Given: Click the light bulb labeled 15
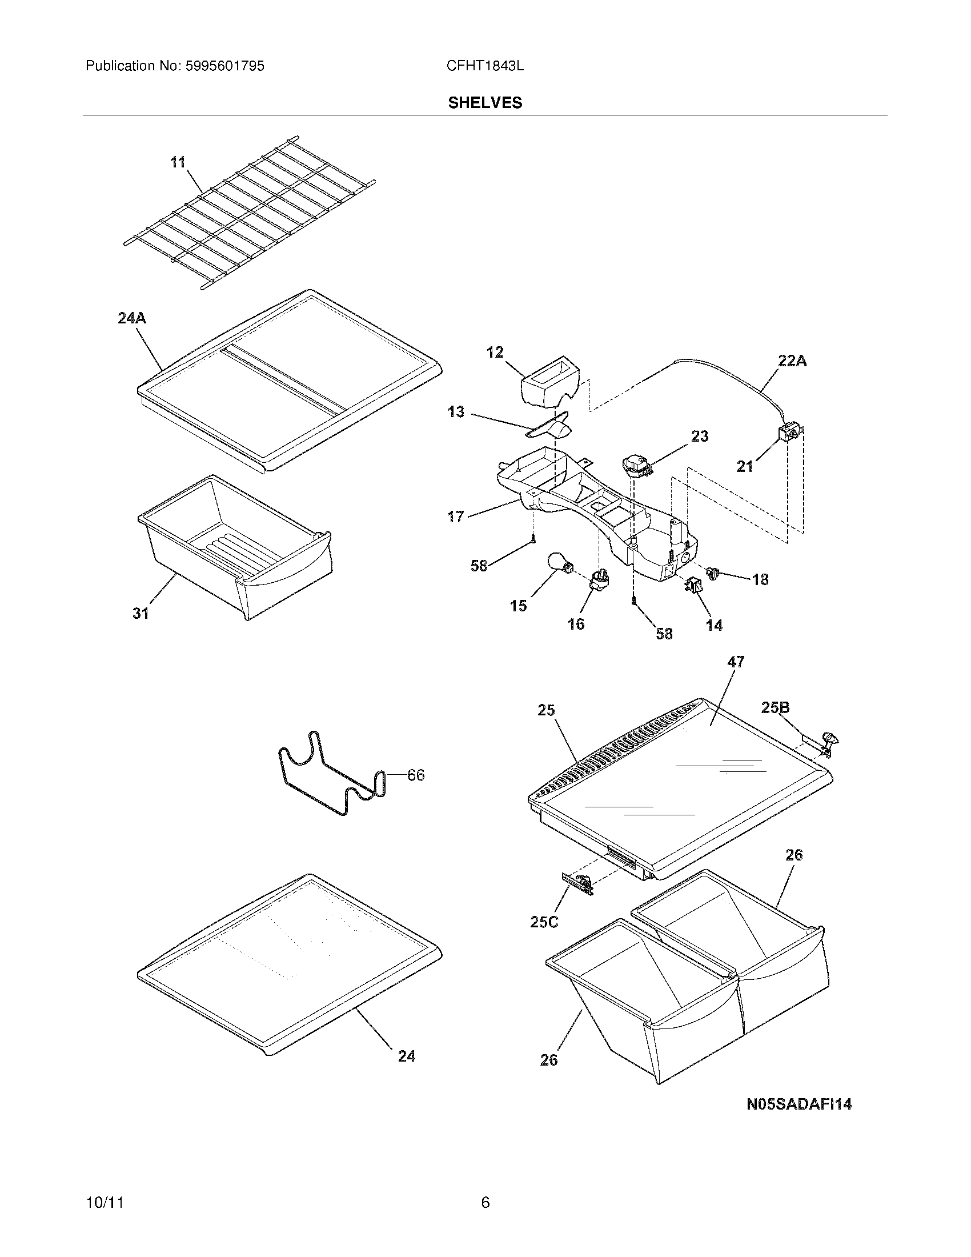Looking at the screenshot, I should coord(559,563).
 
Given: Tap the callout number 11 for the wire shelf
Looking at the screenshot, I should coord(178,162).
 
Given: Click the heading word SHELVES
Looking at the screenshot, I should coord(485,103).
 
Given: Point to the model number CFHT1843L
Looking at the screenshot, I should coord(485,66).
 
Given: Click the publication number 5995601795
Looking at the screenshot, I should coord(225,66).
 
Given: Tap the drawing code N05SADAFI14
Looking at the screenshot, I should coord(799,1104).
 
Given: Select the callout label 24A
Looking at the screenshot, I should coord(132,318).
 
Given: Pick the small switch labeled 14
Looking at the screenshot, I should coord(693,586).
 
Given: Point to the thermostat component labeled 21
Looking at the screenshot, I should coord(788,433).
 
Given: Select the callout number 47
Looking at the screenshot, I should coord(736,662).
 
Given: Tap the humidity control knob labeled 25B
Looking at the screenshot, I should coord(828,742).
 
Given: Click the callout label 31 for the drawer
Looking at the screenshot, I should coord(141,614).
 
